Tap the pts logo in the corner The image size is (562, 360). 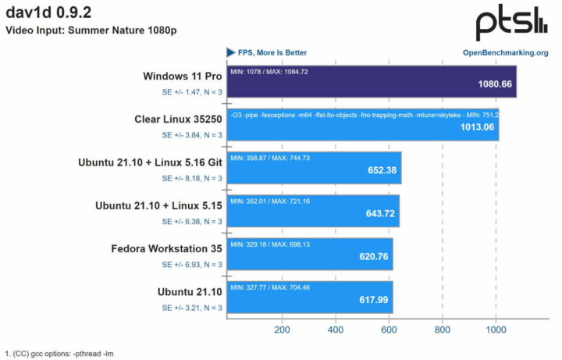pyautogui.click(x=512, y=23)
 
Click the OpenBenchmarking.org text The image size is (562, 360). pyautogui.click(x=505, y=53)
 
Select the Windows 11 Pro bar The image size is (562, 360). pyautogui.click(x=371, y=82)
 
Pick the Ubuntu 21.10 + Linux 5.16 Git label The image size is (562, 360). pyautogui.click(x=150, y=163)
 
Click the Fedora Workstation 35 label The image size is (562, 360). pyautogui.click(x=166, y=249)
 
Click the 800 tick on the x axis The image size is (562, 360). pyautogui.click(x=442, y=330)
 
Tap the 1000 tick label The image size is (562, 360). pyautogui.click(x=495, y=330)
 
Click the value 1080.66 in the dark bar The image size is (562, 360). pyautogui.click(x=493, y=86)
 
